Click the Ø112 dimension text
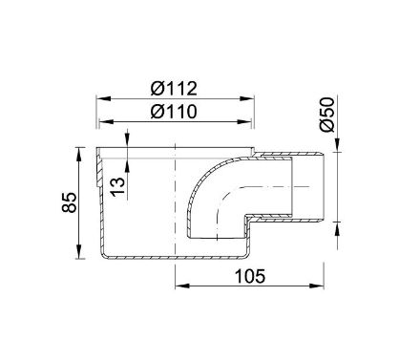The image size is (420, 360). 174,89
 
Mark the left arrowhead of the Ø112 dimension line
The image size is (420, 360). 98,98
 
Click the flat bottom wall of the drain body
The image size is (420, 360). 172,260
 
